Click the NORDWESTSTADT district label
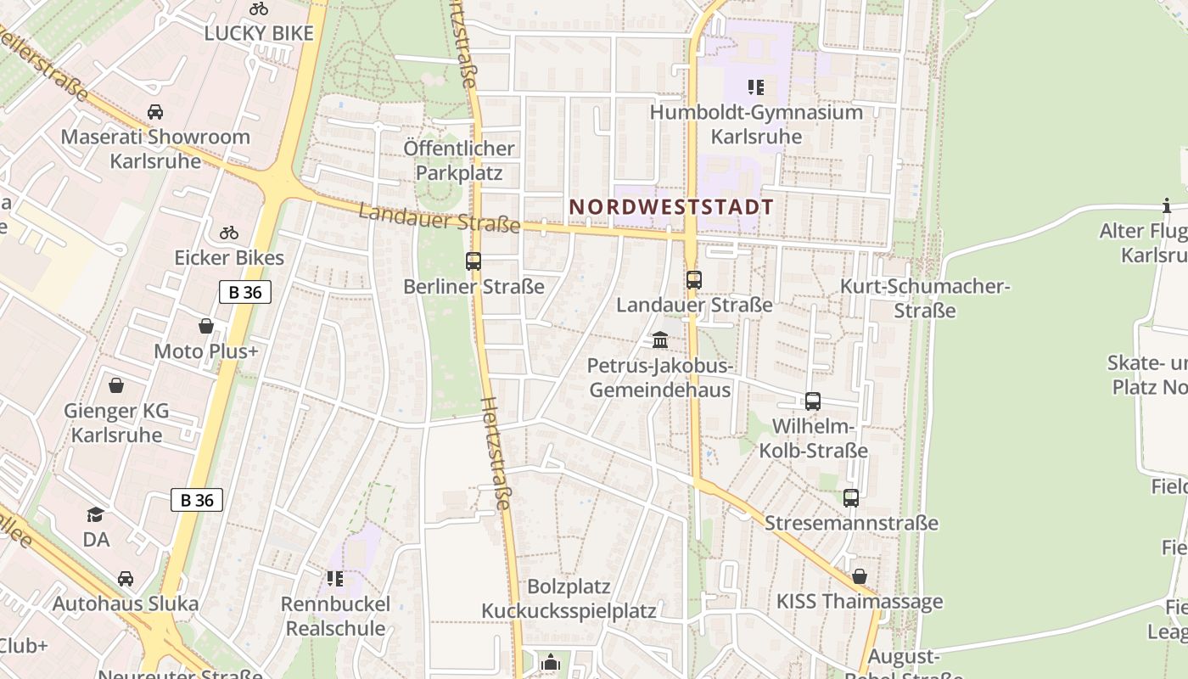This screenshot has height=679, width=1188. tap(671, 207)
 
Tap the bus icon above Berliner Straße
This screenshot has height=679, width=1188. tap(474, 261)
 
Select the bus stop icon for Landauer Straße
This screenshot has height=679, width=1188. tap(694, 279)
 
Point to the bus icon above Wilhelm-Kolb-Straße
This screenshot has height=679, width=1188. tap(813, 401)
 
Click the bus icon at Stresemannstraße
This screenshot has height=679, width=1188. tap(851, 498)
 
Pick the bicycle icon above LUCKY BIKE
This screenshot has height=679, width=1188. tap(259, 9)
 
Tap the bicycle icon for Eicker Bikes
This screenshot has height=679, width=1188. tap(229, 233)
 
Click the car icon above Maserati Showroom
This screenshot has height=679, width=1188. tap(155, 112)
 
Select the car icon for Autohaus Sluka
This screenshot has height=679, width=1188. tap(126, 579)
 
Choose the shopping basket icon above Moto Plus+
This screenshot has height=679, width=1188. tap(206, 326)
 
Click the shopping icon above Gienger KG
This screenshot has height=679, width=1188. tap(116, 386)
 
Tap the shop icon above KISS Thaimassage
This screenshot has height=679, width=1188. tap(860, 576)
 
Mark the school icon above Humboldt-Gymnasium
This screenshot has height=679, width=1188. tap(756, 87)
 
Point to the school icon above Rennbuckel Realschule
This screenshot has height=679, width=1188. tap(335, 579)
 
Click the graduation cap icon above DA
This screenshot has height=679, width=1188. tap(96, 514)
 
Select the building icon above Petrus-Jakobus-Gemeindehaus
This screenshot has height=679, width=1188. tap(660, 340)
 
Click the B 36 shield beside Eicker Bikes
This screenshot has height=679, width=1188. tap(245, 292)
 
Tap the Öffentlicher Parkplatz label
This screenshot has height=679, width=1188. tap(459, 160)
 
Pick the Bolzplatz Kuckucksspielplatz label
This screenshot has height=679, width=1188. tap(569, 598)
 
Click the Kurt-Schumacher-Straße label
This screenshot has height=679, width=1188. tap(925, 298)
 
